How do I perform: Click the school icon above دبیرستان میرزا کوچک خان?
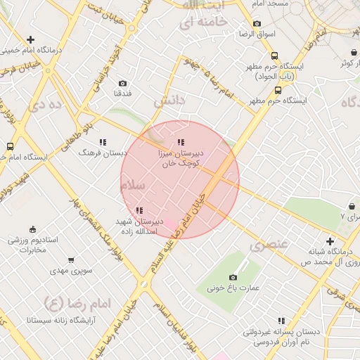(181, 142)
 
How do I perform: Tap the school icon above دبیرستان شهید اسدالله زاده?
(139, 210)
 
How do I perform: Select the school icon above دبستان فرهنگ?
(103, 142)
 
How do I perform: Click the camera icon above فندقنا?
(123, 83)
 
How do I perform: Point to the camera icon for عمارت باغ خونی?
(233, 277)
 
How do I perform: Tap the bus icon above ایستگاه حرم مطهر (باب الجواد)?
(274, 56)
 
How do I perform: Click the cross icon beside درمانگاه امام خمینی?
(30, 40)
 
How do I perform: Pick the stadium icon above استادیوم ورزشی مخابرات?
(32, 229)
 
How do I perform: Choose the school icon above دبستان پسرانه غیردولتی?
(282, 321)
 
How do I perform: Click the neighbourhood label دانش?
(169, 101)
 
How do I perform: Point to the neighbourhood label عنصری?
(269, 245)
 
